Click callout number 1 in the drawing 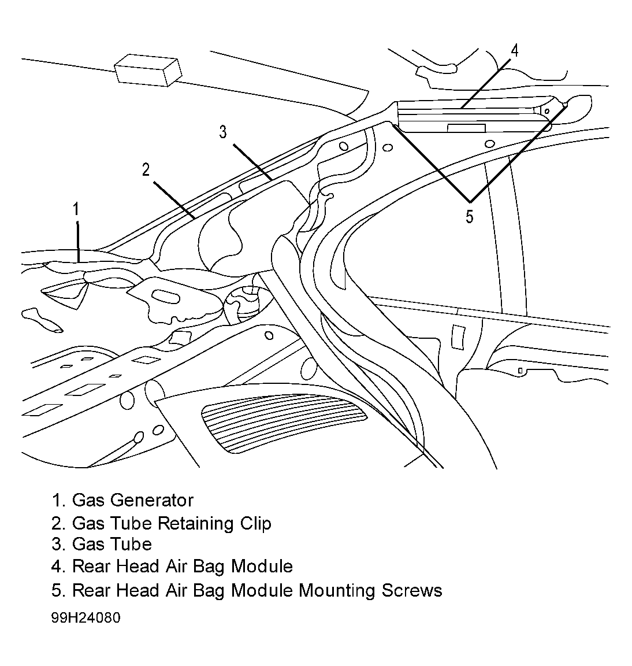tap(76, 209)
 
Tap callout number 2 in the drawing tap(146, 170)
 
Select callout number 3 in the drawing tap(223, 132)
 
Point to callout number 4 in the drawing tap(514, 50)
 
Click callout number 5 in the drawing tap(469, 217)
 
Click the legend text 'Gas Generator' tap(133, 500)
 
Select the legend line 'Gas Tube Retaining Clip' tap(161, 524)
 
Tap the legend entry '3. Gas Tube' tap(102, 544)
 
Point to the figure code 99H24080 tap(85, 617)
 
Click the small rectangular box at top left tap(148, 70)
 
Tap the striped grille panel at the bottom tap(284, 426)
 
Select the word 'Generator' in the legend tap(151, 500)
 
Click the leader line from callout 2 tap(174, 201)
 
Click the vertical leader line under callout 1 tap(77, 241)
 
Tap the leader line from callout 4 tap(486, 84)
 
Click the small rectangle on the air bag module tap(467, 128)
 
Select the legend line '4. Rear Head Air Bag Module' tap(172, 567)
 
